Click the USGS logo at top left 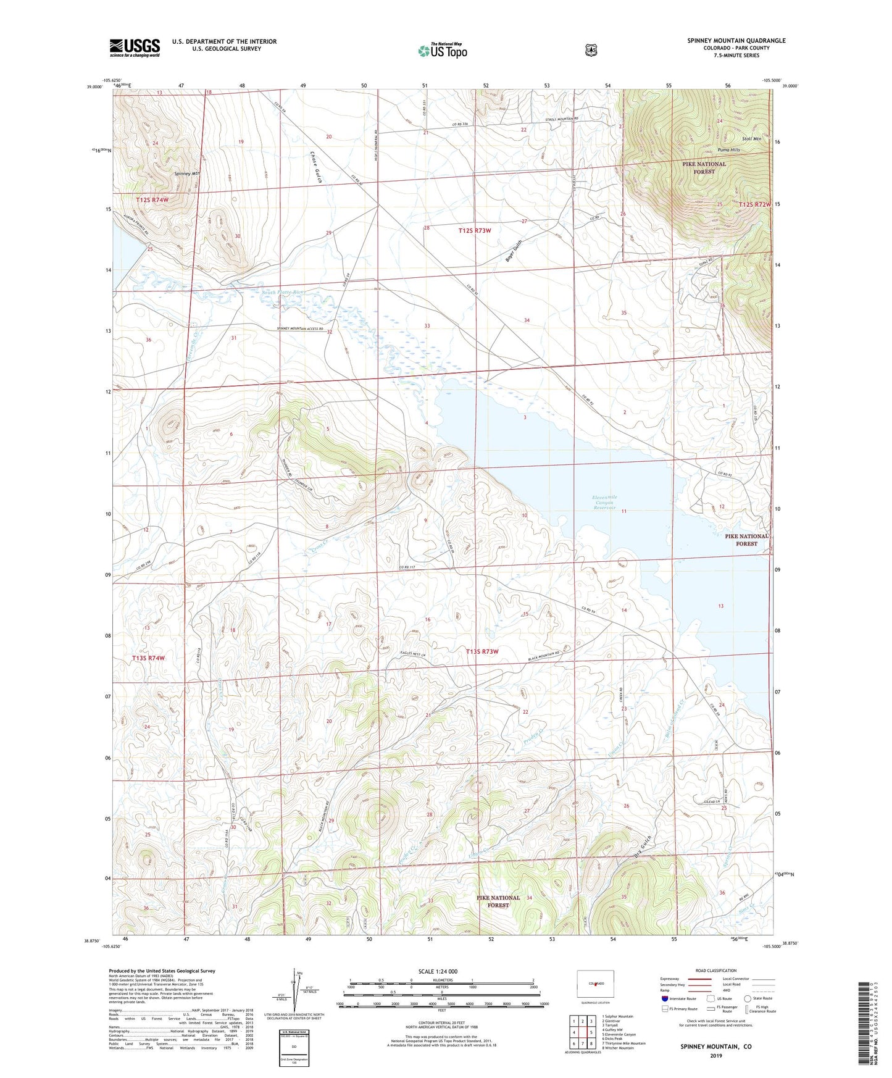(135, 48)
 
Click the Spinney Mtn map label (187, 173)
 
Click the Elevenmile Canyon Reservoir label (604, 503)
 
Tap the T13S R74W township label (149, 658)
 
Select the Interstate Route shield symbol (664, 998)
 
